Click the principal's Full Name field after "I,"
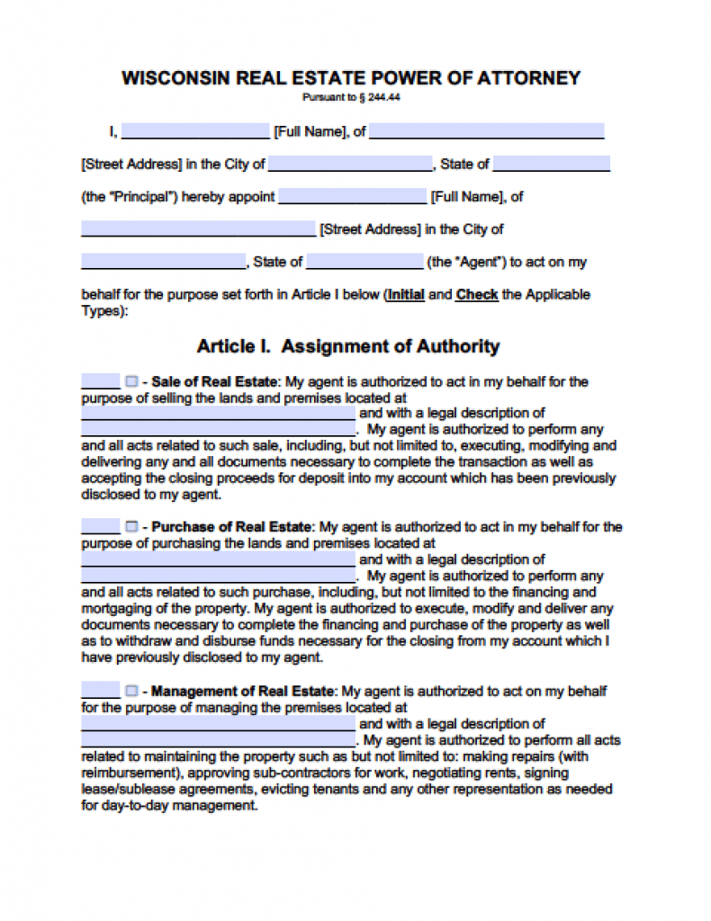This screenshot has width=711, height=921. coord(195,131)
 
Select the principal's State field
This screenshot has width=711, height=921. coord(551,164)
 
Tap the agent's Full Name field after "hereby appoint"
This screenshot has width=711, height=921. coord(352,196)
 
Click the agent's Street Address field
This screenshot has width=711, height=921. coord(198,228)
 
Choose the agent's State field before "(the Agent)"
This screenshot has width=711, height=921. coord(364,262)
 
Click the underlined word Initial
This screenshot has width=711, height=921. coord(405,294)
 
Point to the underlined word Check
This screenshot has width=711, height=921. coord(477,294)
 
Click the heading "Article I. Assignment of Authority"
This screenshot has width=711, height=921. coord(347,346)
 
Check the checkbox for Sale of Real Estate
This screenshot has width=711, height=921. coord(131,380)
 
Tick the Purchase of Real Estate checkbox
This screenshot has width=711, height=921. coord(131,527)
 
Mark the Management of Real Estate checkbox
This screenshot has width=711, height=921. coord(131,691)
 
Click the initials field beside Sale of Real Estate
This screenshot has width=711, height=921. coord(100,380)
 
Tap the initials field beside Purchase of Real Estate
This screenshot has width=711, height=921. coord(100,527)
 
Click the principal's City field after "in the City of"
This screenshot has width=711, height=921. coord(350,164)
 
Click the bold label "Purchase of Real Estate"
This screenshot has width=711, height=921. coord(231,527)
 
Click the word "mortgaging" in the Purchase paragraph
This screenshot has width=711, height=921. coord(115,609)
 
